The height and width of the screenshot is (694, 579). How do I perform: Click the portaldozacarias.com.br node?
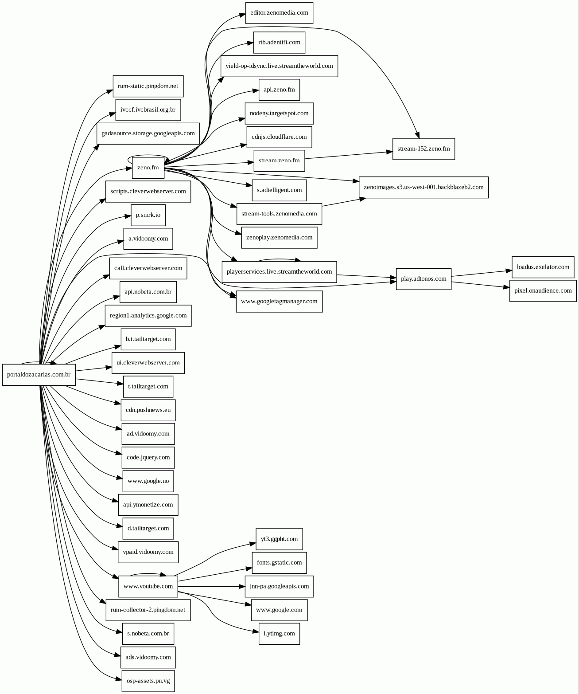click(x=39, y=375)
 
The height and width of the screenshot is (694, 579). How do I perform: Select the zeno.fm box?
click(x=148, y=168)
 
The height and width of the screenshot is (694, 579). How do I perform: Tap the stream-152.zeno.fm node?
click(x=424, y=149)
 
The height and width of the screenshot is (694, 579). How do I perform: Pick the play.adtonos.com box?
click(x=424, y=279)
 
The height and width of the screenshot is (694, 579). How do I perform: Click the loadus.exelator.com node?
click(x=543, y=267)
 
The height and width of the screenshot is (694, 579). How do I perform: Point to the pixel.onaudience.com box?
click(x=543, y=291)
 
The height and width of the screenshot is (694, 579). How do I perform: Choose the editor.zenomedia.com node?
click(x=279, y=13)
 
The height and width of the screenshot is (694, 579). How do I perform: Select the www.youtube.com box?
click(x=148, y=586)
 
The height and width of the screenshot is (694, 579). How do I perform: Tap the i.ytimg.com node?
click(x=279, y=634)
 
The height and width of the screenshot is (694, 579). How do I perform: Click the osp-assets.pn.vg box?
click(x=148, y=681)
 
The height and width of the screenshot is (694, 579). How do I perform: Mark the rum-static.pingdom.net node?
click(x=148, y=86)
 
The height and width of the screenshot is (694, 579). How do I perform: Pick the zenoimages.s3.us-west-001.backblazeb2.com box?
click(x=424, y=187)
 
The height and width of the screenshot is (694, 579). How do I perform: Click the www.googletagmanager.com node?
click(x=279, y=302)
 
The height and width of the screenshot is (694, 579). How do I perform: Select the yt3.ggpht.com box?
click(x=279, y=539)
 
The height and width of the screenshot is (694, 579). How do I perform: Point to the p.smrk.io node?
click(x=148, y=215)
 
